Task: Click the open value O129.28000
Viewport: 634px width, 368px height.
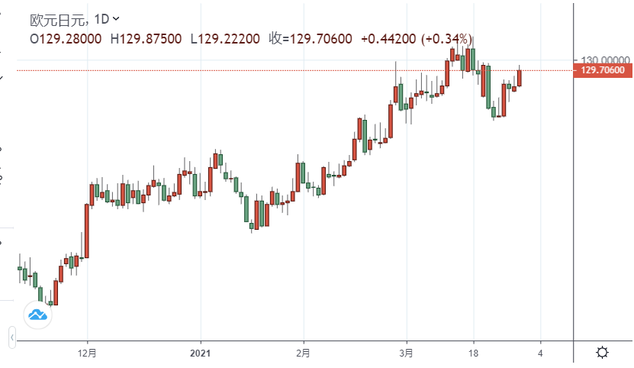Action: [66, 37]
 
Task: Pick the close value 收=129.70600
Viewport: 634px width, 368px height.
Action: [311, 37]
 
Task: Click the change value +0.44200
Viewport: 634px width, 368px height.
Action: [388, 37]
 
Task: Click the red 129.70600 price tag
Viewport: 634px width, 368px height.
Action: [603, 70]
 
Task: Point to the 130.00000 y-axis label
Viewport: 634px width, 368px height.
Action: [603, 60]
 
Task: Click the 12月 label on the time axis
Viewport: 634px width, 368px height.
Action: [88, 353]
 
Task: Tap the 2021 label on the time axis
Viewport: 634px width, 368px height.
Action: [201, 353]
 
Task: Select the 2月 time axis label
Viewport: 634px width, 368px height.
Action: [304, 353]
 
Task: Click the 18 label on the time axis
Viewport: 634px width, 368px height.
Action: [474, 353]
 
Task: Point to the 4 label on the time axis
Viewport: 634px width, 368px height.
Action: [540, 353]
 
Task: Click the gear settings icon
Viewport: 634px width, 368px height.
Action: [602, 353]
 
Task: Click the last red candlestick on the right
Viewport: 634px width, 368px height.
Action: [519, 78]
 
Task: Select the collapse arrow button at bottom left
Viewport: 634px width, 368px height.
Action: [12, 336]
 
